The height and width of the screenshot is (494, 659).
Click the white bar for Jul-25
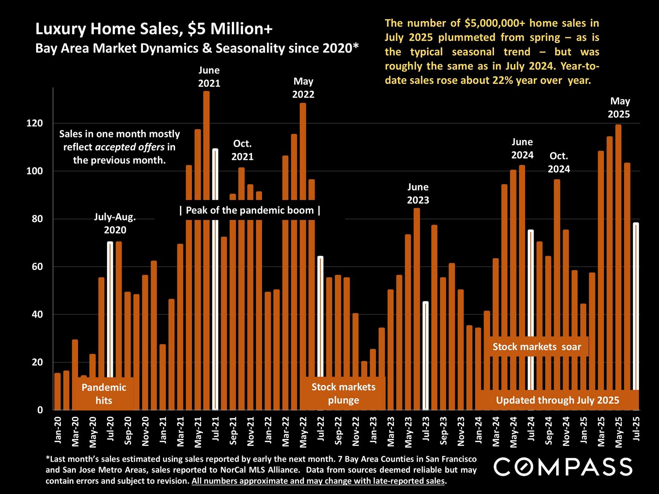[x=636, y=309]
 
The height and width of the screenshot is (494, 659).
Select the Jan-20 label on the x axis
[x=58, y=427]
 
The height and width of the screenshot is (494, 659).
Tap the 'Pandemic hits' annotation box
[x=104, y=394]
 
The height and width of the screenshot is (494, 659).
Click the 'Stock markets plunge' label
[x=343, y=393]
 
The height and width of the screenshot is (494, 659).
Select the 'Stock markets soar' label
[x=537, y=347]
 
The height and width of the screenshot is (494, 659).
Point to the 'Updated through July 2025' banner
[x=557, y=400]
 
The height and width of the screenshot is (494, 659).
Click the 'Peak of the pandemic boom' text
[x=250, y=210]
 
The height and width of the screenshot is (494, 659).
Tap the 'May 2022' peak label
[x=303, y=88]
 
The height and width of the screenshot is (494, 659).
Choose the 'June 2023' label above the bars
[x=418, y=193]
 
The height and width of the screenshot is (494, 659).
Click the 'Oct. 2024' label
[x=558, y=163]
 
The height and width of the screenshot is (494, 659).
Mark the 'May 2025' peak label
[x=619, y=107]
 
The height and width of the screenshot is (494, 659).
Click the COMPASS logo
[x=563, y=467]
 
